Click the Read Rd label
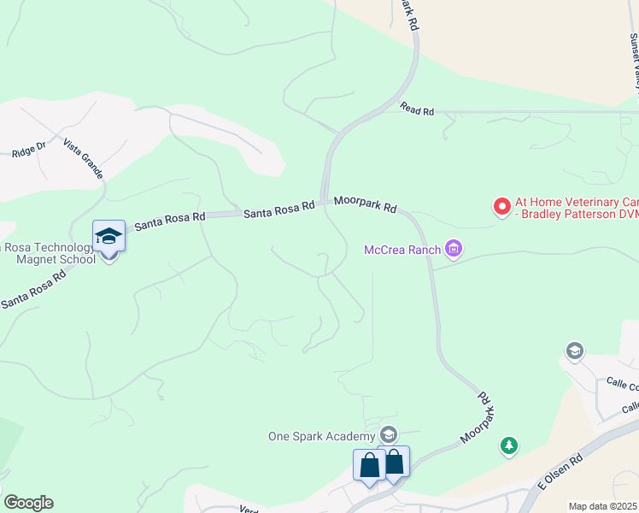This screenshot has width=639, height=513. [x=417, y=111]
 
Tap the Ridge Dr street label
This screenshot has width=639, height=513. [x=28, y=150]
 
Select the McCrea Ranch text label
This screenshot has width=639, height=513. [x=402, y=250]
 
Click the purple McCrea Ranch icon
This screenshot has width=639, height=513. [x=454, y=250]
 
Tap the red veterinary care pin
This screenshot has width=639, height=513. [x=502, y=206]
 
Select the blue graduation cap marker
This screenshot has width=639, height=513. [x=109, y=236]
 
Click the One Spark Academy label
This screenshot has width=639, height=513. [x=322, y=435]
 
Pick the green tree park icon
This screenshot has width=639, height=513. [x=509, y=445]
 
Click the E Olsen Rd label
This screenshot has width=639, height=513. [x=559, y=471]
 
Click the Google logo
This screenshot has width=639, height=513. [x=28, y=503]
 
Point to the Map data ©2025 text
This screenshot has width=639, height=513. [x=603, y=506]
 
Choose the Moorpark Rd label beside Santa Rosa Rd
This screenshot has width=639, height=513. [x=366, y=204]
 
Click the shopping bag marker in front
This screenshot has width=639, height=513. [x=369, y=466]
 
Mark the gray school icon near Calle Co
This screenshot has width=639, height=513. [x=574, y=351]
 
